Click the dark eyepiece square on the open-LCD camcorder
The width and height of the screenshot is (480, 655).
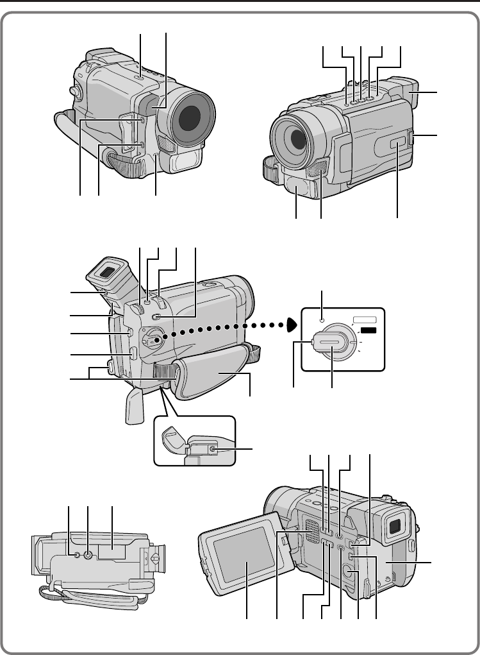pyautogui.click(x=395, y=527)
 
